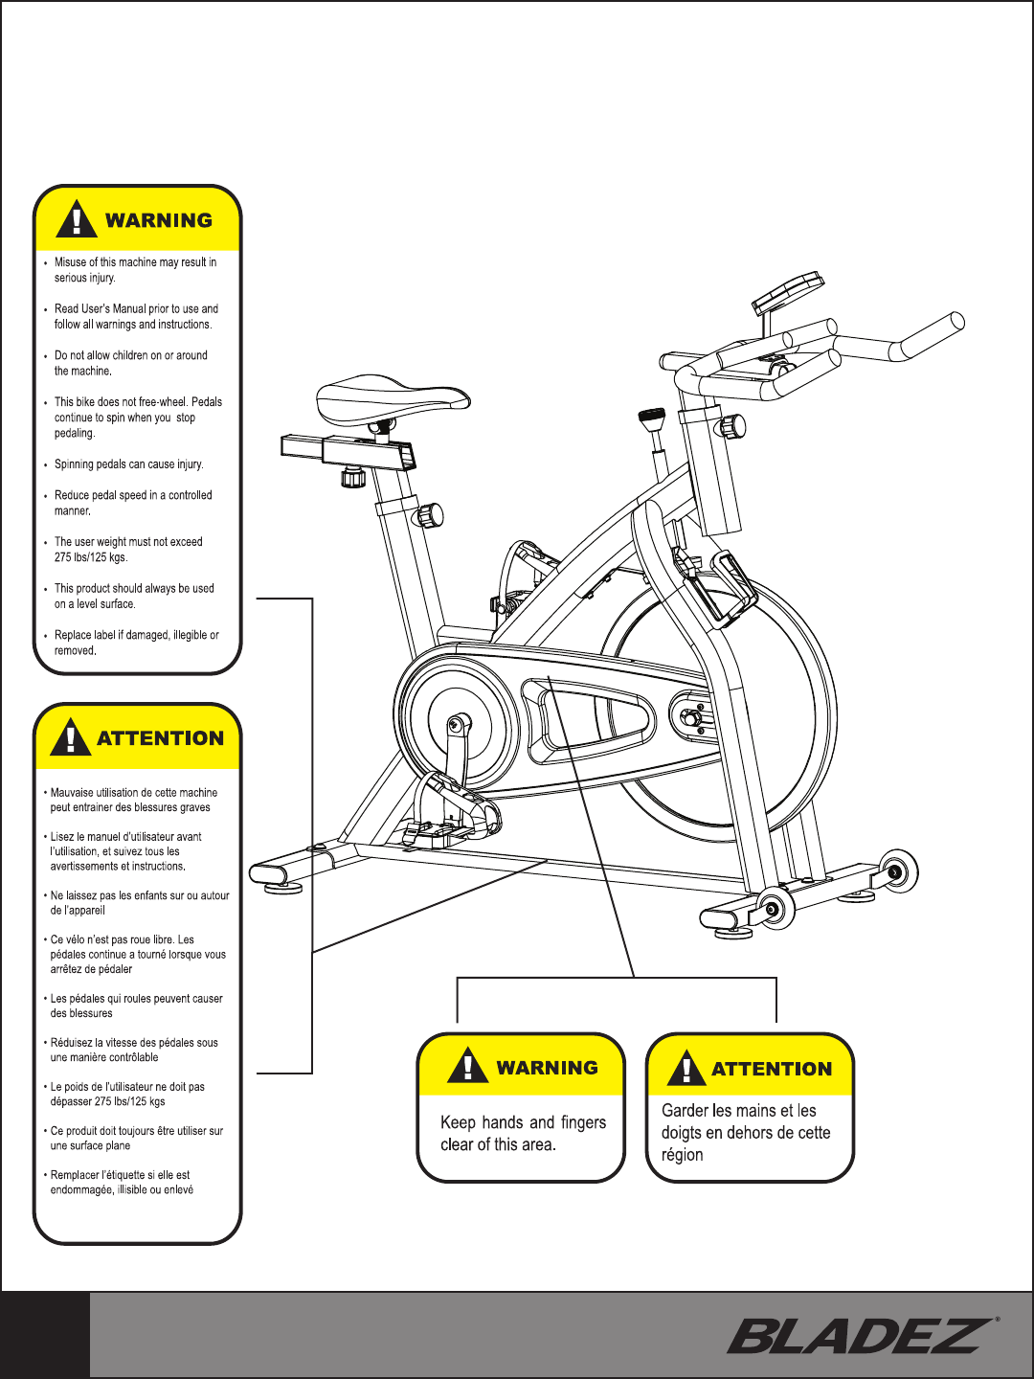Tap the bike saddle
[x=393, y=400]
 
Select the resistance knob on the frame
[x=652, y=419]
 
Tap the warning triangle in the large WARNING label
[x=77, y=219]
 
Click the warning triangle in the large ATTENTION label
[x=70, y=738]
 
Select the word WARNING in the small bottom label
[x=547, y=1068]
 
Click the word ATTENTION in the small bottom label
[x=772, y=1069]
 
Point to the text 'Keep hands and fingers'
[x=523, y=1122]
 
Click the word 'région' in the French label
[x=682, y=1155]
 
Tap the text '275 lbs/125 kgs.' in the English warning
[x=91, y=557]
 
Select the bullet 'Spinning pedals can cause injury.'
[x=128, y=464]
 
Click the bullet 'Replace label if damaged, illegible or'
[x=136, y=635]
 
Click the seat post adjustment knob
[x=429, y=515]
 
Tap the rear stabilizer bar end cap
[x=269, y=873]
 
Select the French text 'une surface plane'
[x=90, y=1145]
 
